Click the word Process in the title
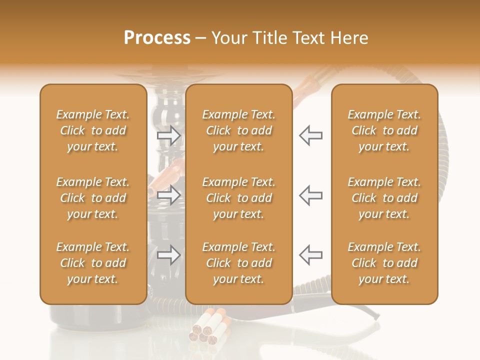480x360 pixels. pos(157,38)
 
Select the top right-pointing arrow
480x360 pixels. pos(169,135)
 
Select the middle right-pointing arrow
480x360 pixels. pos(169,195)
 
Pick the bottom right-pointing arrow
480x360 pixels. pos(169,255)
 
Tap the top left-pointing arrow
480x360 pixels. pos(310,135)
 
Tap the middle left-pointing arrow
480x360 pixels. pos(310,195)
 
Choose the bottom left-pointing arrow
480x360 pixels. pos(310,254)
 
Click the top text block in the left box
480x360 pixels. pos(93,130)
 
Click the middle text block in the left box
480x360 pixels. pos(93,198)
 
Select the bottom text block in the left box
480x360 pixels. pos(93,263)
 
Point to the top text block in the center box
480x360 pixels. pos(238,130)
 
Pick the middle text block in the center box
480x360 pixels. pos(238,198)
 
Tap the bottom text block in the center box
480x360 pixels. pos(238,263)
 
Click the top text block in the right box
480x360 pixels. pos(384,130)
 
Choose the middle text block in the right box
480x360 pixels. pos(384,198)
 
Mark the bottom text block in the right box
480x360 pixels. pos(384,263)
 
